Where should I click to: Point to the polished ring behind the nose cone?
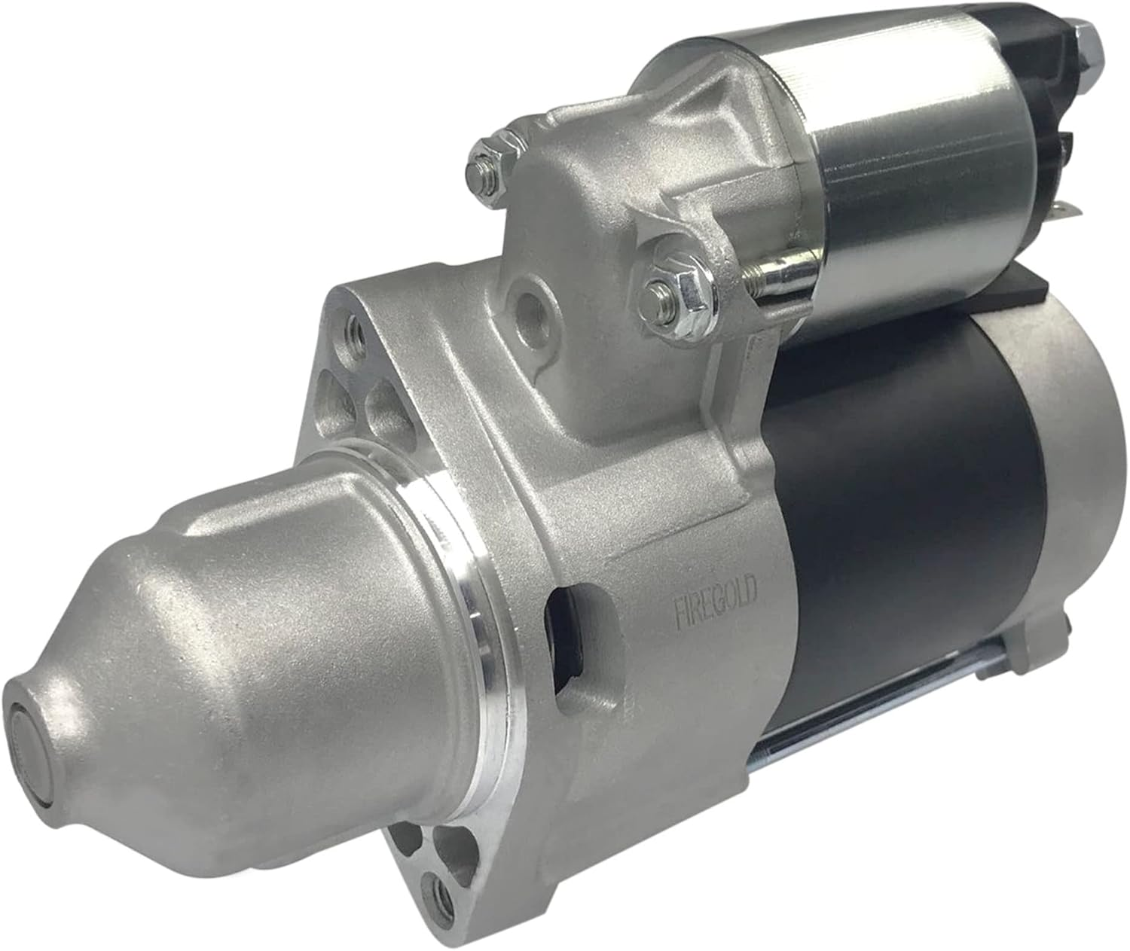pos(452,640)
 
